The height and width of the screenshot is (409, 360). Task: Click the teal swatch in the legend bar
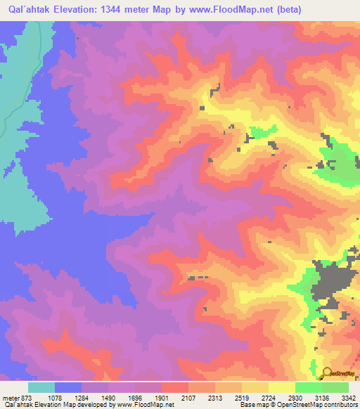coord(41,387)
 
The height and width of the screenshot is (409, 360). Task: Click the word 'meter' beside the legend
coord(11,398)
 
